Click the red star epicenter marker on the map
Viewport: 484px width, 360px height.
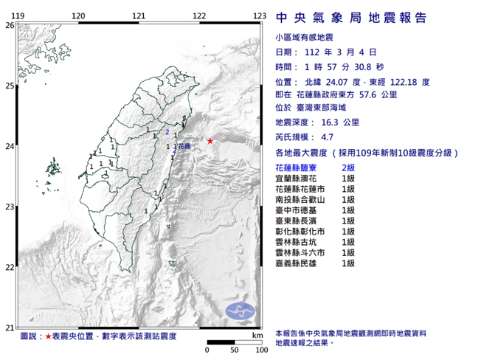[210, 141]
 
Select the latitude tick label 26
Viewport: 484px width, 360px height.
[10, 24]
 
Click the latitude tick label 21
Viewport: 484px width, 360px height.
[10, 328]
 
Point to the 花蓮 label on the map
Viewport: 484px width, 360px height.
[184, 147]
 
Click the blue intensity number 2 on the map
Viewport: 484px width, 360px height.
[167, 133]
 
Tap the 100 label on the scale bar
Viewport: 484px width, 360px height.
[258, 350]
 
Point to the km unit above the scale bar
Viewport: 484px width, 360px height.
[256, 336]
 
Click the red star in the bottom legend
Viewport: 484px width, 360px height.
[49, 336]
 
